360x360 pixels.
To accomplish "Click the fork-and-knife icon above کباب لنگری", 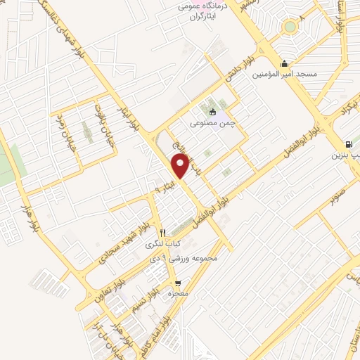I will click(162, 232).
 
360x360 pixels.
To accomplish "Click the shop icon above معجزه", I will click(177, 284).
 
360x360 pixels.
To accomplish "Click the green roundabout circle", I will click(289, 27).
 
